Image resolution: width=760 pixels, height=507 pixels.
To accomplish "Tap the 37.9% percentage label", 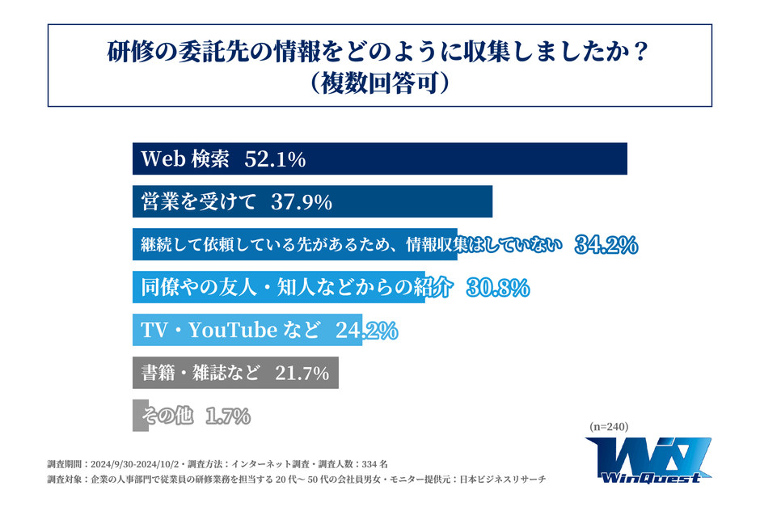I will tap(302, 202).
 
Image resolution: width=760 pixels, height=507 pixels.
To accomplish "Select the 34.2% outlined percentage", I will tap(606, 245).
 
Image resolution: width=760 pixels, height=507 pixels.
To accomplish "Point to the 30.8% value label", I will tap(498, 287).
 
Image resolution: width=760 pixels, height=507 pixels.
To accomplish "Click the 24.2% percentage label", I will tap(368, 330).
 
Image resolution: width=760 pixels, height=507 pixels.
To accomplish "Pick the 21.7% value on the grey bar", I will tap(302, 373).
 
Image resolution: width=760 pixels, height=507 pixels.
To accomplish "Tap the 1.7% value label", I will tap(228, 416).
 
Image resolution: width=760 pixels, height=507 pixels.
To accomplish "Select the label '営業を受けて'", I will tap(199, 202).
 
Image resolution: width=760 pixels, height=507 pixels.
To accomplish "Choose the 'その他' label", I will tap(167, 416).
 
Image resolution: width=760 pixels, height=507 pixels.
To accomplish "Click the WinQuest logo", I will tap(648, 460).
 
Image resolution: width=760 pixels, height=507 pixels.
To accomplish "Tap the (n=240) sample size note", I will tap(609, 427).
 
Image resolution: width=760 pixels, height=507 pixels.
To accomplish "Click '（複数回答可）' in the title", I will tap(379, 84).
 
